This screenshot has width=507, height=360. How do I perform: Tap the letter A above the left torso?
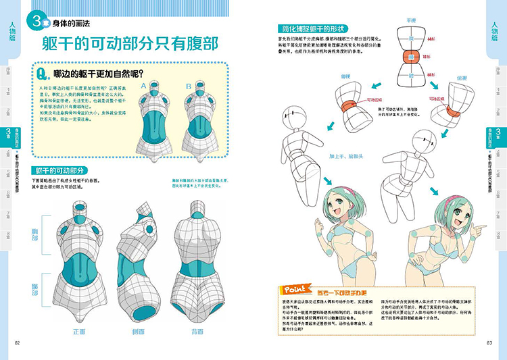tap(143, 86)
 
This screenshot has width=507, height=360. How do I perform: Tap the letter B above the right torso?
tap(187, 86)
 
